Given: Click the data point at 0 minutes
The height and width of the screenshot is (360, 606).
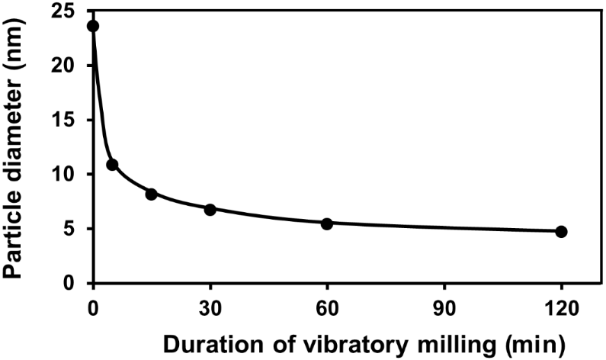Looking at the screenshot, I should click(x=93, y=26).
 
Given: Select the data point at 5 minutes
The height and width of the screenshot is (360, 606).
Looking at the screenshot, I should click(x=112, y=165).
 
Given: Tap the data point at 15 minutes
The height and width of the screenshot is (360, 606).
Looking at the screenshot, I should click(x=151, y=194).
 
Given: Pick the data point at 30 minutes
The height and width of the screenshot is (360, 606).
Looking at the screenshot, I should click(x=210, y=209).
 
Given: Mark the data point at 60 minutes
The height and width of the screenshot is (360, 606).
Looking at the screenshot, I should click(x=327, y=223).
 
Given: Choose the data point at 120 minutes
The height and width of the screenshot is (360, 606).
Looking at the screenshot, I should click(x=562, y=231).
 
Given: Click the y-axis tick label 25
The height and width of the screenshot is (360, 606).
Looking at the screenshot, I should click(x=66, y=11).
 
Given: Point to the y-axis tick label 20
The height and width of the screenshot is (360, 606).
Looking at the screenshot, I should click(x=66, y=66).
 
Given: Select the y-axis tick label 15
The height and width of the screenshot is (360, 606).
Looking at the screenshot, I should click(x=66, y=121).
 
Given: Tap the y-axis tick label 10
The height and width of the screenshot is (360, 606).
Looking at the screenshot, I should click(x=66, y=175).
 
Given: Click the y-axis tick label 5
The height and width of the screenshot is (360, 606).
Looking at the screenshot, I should click(x=72, y=229).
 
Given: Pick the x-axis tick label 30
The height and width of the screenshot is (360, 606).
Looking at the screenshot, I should click(x=210, y=301).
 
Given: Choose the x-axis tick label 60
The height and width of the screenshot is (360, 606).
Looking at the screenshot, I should click(x=327, y=301).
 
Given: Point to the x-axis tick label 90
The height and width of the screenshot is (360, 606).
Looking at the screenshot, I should click(x=444, y=301).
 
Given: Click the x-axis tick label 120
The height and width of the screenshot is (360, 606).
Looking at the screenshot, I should click(x=562, y=301).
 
